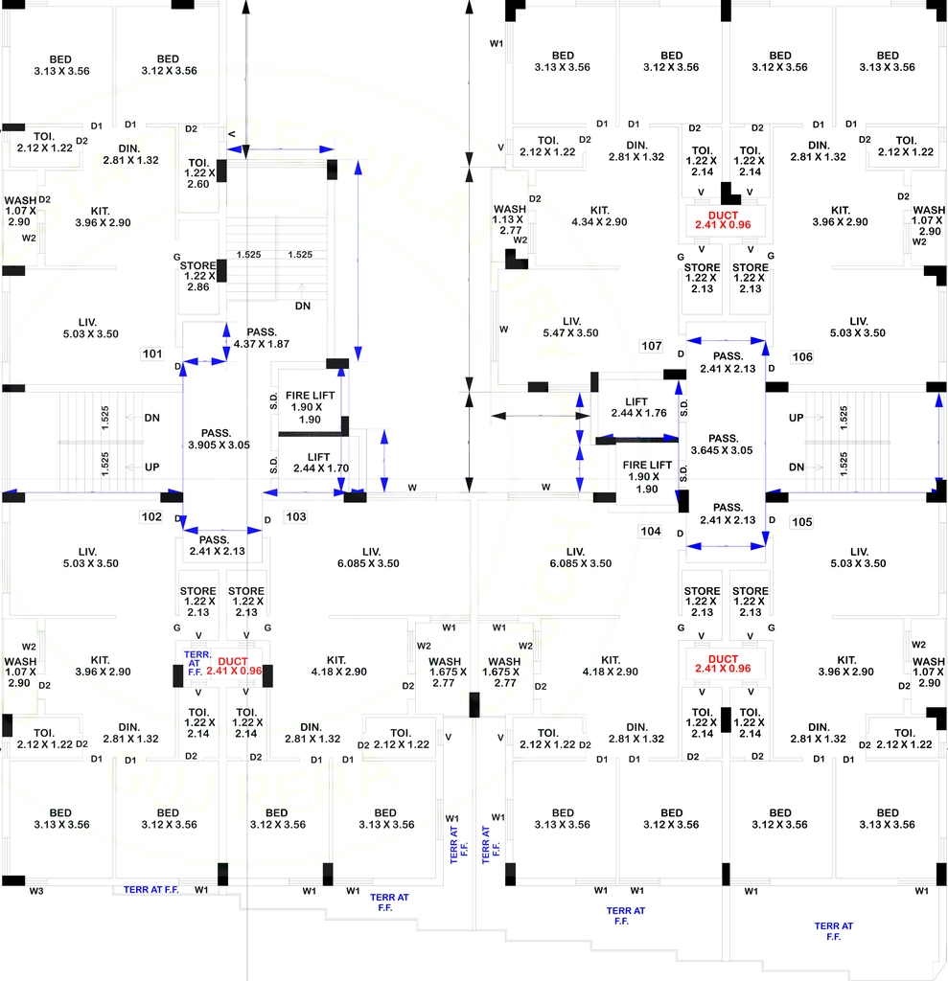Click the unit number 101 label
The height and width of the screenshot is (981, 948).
pos(152,354)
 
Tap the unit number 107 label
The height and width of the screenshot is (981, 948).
pos(651,346)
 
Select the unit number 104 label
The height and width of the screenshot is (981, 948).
pos(651,531)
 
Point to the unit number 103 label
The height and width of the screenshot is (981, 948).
pos(295,516)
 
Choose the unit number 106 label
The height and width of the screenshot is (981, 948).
pos(802,357)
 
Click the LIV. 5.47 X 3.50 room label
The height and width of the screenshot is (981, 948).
pos(570,328)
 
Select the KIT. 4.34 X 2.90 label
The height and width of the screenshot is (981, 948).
pos(599,216)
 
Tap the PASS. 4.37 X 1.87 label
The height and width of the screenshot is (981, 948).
pos(261,338)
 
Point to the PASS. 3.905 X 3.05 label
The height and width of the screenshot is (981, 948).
pos(219,439)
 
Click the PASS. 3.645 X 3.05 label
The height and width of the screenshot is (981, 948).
pos(722,445)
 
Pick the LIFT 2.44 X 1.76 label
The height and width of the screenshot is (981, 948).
pos(638,407)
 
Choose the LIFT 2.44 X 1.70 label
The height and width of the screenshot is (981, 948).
pos(320,463)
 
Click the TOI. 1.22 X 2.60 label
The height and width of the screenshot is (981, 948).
pos(199,173)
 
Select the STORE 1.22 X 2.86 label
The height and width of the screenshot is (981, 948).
pos(197,276)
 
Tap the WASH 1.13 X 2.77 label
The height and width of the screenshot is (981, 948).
pos(510,219)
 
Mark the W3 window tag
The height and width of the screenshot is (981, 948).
pos(36,891)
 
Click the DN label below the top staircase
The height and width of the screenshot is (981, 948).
pos(303,306)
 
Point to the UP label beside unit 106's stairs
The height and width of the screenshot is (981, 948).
pos(796,418)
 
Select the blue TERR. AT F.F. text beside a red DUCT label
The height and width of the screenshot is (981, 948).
pos(196,663)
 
